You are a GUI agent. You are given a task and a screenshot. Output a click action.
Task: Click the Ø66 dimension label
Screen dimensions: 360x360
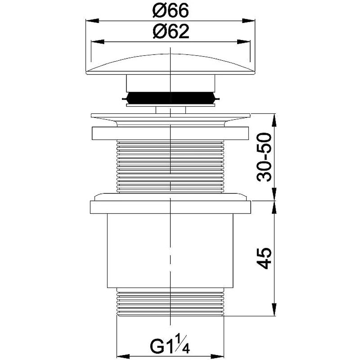tap(171, 10)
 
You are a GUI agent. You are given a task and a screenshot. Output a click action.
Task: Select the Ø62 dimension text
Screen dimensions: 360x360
tap(171, 31)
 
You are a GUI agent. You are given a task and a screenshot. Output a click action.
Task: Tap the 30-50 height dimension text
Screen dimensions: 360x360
tap(264, 157)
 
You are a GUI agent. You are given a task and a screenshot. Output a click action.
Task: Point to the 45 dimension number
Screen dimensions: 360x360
tap(264, 258)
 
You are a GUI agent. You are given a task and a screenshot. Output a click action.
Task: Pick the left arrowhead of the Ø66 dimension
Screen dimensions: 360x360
tap(92, 21)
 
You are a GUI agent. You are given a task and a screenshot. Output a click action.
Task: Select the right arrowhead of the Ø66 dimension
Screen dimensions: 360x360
tap(248, 21)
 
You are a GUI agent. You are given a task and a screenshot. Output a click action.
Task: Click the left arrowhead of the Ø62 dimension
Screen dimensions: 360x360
tap(98, 42)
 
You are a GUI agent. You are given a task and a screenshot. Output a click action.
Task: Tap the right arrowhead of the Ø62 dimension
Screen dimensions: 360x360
tap(243, 42)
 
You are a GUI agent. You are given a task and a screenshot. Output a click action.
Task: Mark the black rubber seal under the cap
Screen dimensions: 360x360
tap(171, 98)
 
